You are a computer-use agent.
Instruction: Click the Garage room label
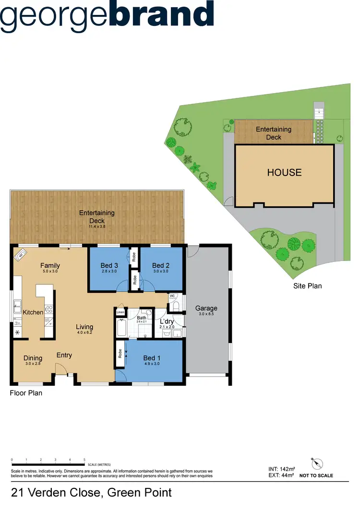click(206, 308)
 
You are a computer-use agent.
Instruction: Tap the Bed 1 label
click(149, 358)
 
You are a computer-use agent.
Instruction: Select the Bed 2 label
click(161, 265)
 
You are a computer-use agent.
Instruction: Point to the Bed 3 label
click(109, 265)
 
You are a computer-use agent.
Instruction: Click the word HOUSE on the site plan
click(284, 172)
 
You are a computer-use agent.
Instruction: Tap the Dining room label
click(33, 358)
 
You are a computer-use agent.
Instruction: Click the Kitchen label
click(33, 312)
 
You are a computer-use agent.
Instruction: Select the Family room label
click(50, 265)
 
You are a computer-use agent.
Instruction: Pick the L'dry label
click(167, 321)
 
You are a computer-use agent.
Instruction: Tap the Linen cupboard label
click(120, 313)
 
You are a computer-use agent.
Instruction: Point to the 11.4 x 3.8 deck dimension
click(97, 226)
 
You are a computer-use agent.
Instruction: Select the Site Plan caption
click(307, 286)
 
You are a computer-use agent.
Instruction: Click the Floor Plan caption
click(26, 393)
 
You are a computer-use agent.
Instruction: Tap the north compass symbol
click(317, 464)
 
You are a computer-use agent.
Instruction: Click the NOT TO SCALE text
click(316, 476)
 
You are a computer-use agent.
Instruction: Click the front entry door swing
click(61, 368)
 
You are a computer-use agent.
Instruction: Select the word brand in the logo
click(162, 14)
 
